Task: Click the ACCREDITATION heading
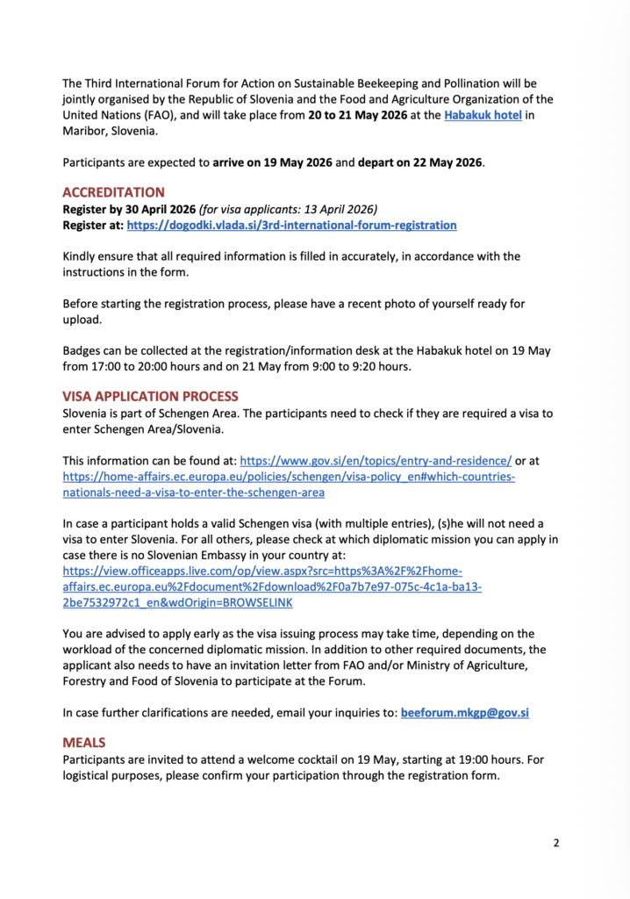click(113, 192)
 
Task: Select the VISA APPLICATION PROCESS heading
click(150, 397)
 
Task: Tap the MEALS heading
click(84, 743)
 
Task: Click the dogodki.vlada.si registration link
click(291, 225)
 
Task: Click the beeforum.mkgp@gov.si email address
click(464, 713)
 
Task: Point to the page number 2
click(555, 844)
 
